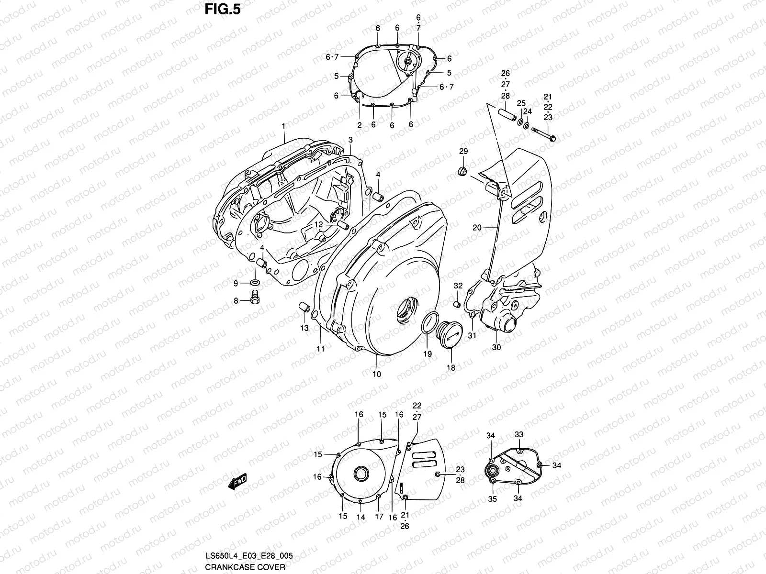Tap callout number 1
coord(283,126)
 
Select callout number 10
coord(377,374)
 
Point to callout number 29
coord(463,152)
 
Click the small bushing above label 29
coord(463,171)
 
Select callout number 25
coord(521,103)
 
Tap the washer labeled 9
coord(256,283)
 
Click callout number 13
coord(304,328)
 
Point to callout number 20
coord(477,228)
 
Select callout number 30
coord(496,347)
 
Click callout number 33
coord(519,435)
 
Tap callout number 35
coord(492,498)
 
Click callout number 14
coord(360,517)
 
